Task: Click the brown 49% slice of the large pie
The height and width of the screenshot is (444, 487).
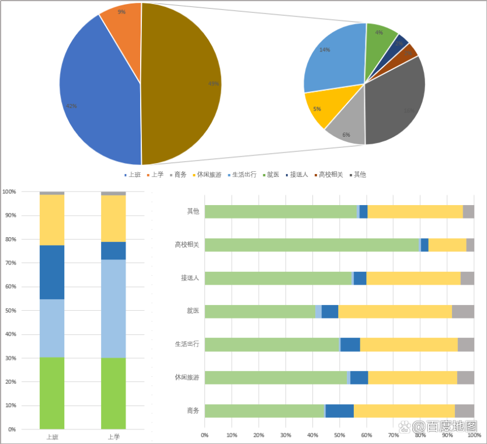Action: [x=181, y=84]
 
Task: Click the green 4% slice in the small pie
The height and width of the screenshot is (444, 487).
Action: [x=380, y=38]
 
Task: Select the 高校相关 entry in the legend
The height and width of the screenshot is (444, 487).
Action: [x=331, y=175]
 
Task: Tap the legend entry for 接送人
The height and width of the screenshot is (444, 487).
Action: [x=298, y=175]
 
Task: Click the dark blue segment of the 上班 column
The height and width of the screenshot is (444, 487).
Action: [x=52, y=272]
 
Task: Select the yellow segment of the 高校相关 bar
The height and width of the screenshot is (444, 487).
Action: [x=447, y=245]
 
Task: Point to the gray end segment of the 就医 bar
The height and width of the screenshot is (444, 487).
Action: [x=462, y=311]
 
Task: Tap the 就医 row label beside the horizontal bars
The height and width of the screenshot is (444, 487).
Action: [x=193, y=311]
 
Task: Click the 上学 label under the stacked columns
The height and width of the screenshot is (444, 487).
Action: [x=113, y=436]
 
